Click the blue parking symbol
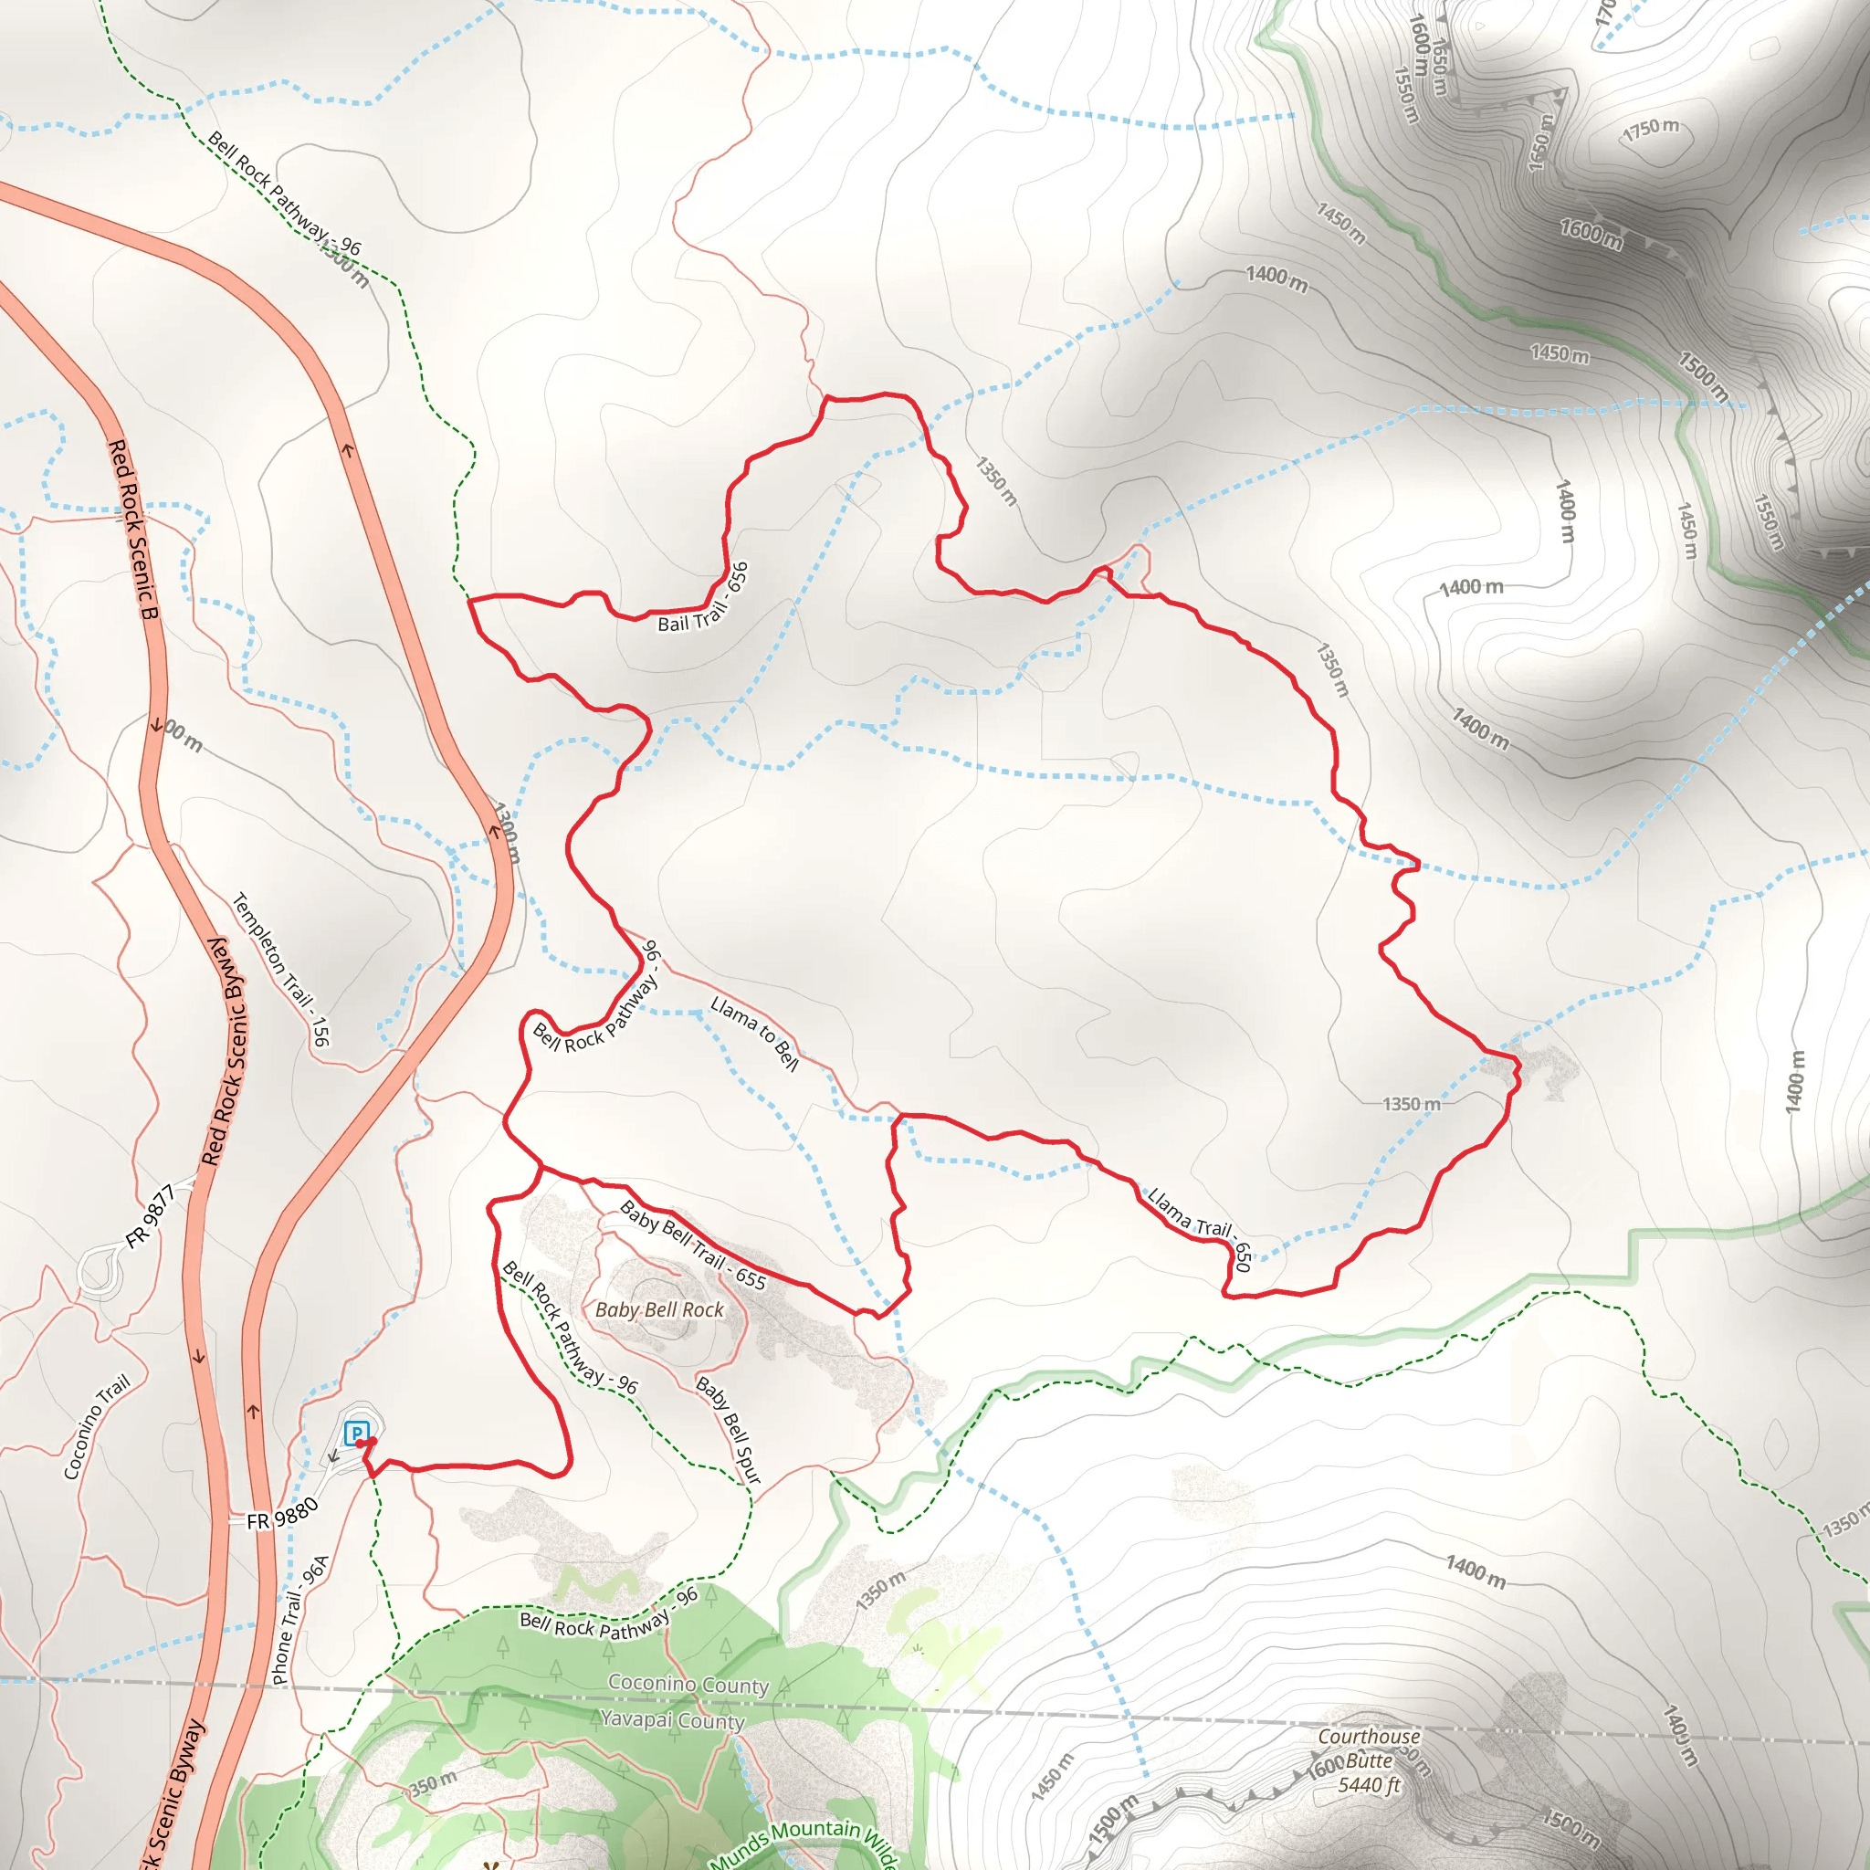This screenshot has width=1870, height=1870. (x=356, y=1434)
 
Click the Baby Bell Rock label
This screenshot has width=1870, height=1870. (x=659, y=1309)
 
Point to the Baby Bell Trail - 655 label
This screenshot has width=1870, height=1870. (x=693, y=1245)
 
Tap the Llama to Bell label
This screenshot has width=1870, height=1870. (x=755, y=1034)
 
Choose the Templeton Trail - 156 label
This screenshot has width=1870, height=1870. (x=281, y=969)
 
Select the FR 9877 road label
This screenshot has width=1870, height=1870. (x=151, y=1215)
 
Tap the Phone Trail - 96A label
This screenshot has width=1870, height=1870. (x=301, y=1619)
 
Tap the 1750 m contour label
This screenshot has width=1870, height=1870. (x=1650, y=129)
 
